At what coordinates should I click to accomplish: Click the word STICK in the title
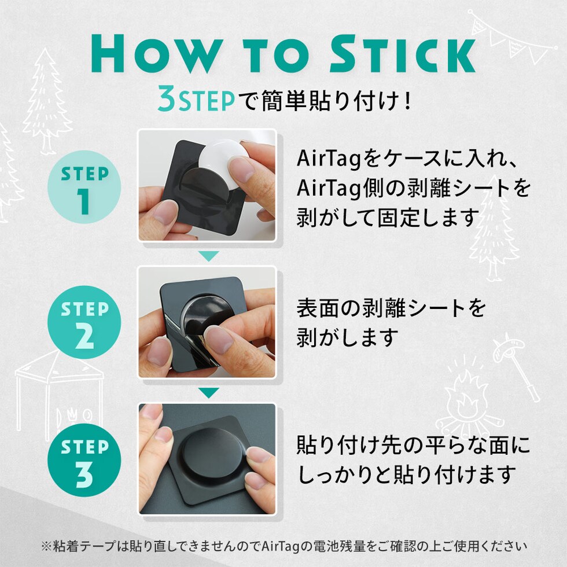(403, 54)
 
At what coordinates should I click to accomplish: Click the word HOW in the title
(157, 54)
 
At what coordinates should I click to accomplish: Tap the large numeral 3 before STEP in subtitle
(167, 99)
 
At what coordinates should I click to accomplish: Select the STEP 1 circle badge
(84, 187)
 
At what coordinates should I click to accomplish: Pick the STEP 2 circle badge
(84, 322)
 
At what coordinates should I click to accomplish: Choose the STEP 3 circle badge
(84, 460)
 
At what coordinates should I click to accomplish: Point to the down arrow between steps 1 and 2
(209, 256)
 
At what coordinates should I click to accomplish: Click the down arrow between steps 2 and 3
(209, 393)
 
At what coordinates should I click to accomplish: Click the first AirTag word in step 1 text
(329, 159)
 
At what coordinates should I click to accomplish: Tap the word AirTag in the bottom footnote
(283, 546)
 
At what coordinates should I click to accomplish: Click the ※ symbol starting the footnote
(47, 546)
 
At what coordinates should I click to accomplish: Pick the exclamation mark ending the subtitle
(407, 101)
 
